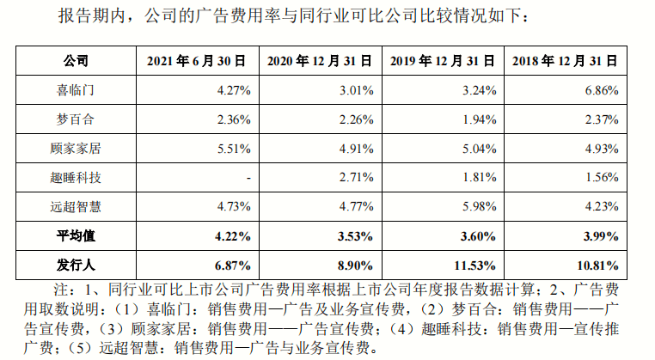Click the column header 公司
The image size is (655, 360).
(x=77, y=61)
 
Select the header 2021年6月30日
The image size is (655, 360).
(x=197, y=61)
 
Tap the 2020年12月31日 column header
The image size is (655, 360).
(x=319, y=61)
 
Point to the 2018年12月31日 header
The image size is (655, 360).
(x=565, y=61)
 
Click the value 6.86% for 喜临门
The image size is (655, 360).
(x=600, y=89)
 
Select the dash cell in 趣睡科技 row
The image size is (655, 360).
(x=248, y=177)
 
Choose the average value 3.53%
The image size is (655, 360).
(x=354, y=234)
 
